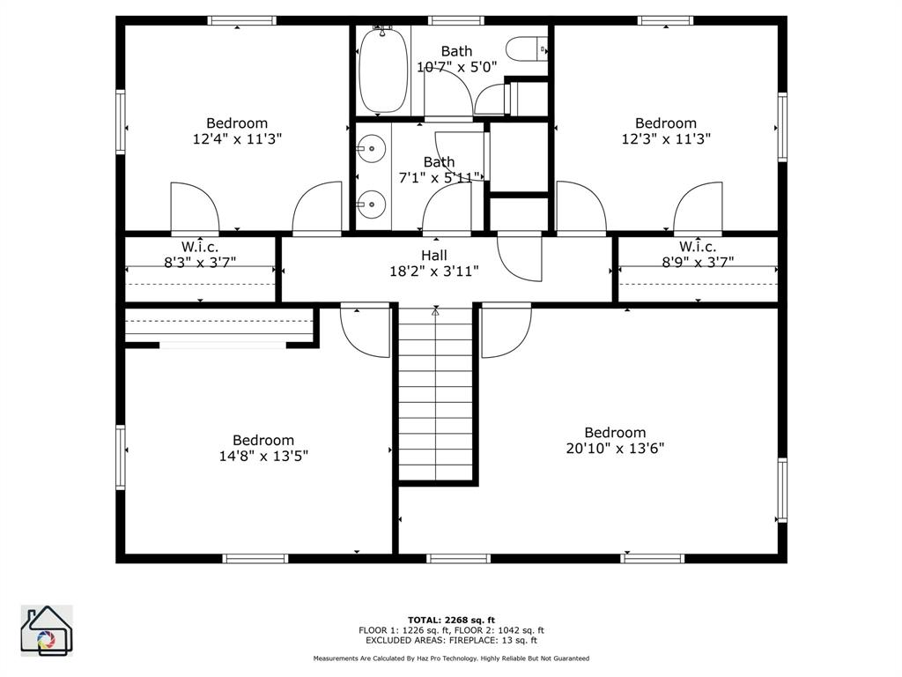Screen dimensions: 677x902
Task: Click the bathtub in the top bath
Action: tap(383, 71)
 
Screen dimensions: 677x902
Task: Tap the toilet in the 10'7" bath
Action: tap(531, 48)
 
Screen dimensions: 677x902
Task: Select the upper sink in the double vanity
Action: tap(373, 150)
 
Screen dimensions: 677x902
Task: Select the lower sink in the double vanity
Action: tap(373, 205)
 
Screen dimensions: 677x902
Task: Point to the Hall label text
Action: tap(434, 256)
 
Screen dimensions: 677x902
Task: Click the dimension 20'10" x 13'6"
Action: tap(615, 448)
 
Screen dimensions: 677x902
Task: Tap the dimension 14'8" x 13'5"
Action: tap(263, 456)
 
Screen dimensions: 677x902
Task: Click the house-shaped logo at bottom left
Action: tap(46, 631)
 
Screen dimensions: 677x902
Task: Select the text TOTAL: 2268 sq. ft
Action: tap(451, 620)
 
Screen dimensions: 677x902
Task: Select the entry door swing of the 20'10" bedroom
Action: tap(505, 331)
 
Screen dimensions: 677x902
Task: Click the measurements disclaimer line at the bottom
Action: tap(451, 658)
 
